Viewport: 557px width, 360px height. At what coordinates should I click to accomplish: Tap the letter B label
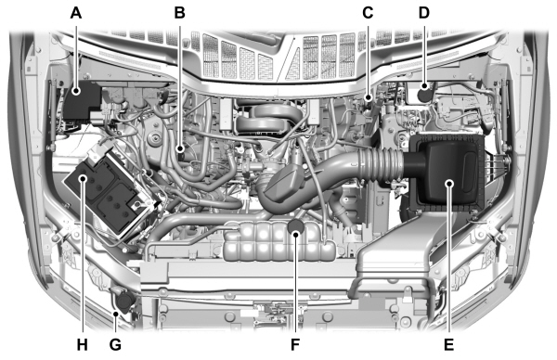tap(179, 13)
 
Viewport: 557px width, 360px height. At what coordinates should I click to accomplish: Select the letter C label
tap(368, 13)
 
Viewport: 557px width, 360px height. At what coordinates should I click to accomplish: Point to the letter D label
tap(424, 13)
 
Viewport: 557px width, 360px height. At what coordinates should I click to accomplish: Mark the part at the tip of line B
tap(179, 148)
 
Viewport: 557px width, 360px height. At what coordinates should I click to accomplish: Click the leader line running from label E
tap(449, 269)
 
